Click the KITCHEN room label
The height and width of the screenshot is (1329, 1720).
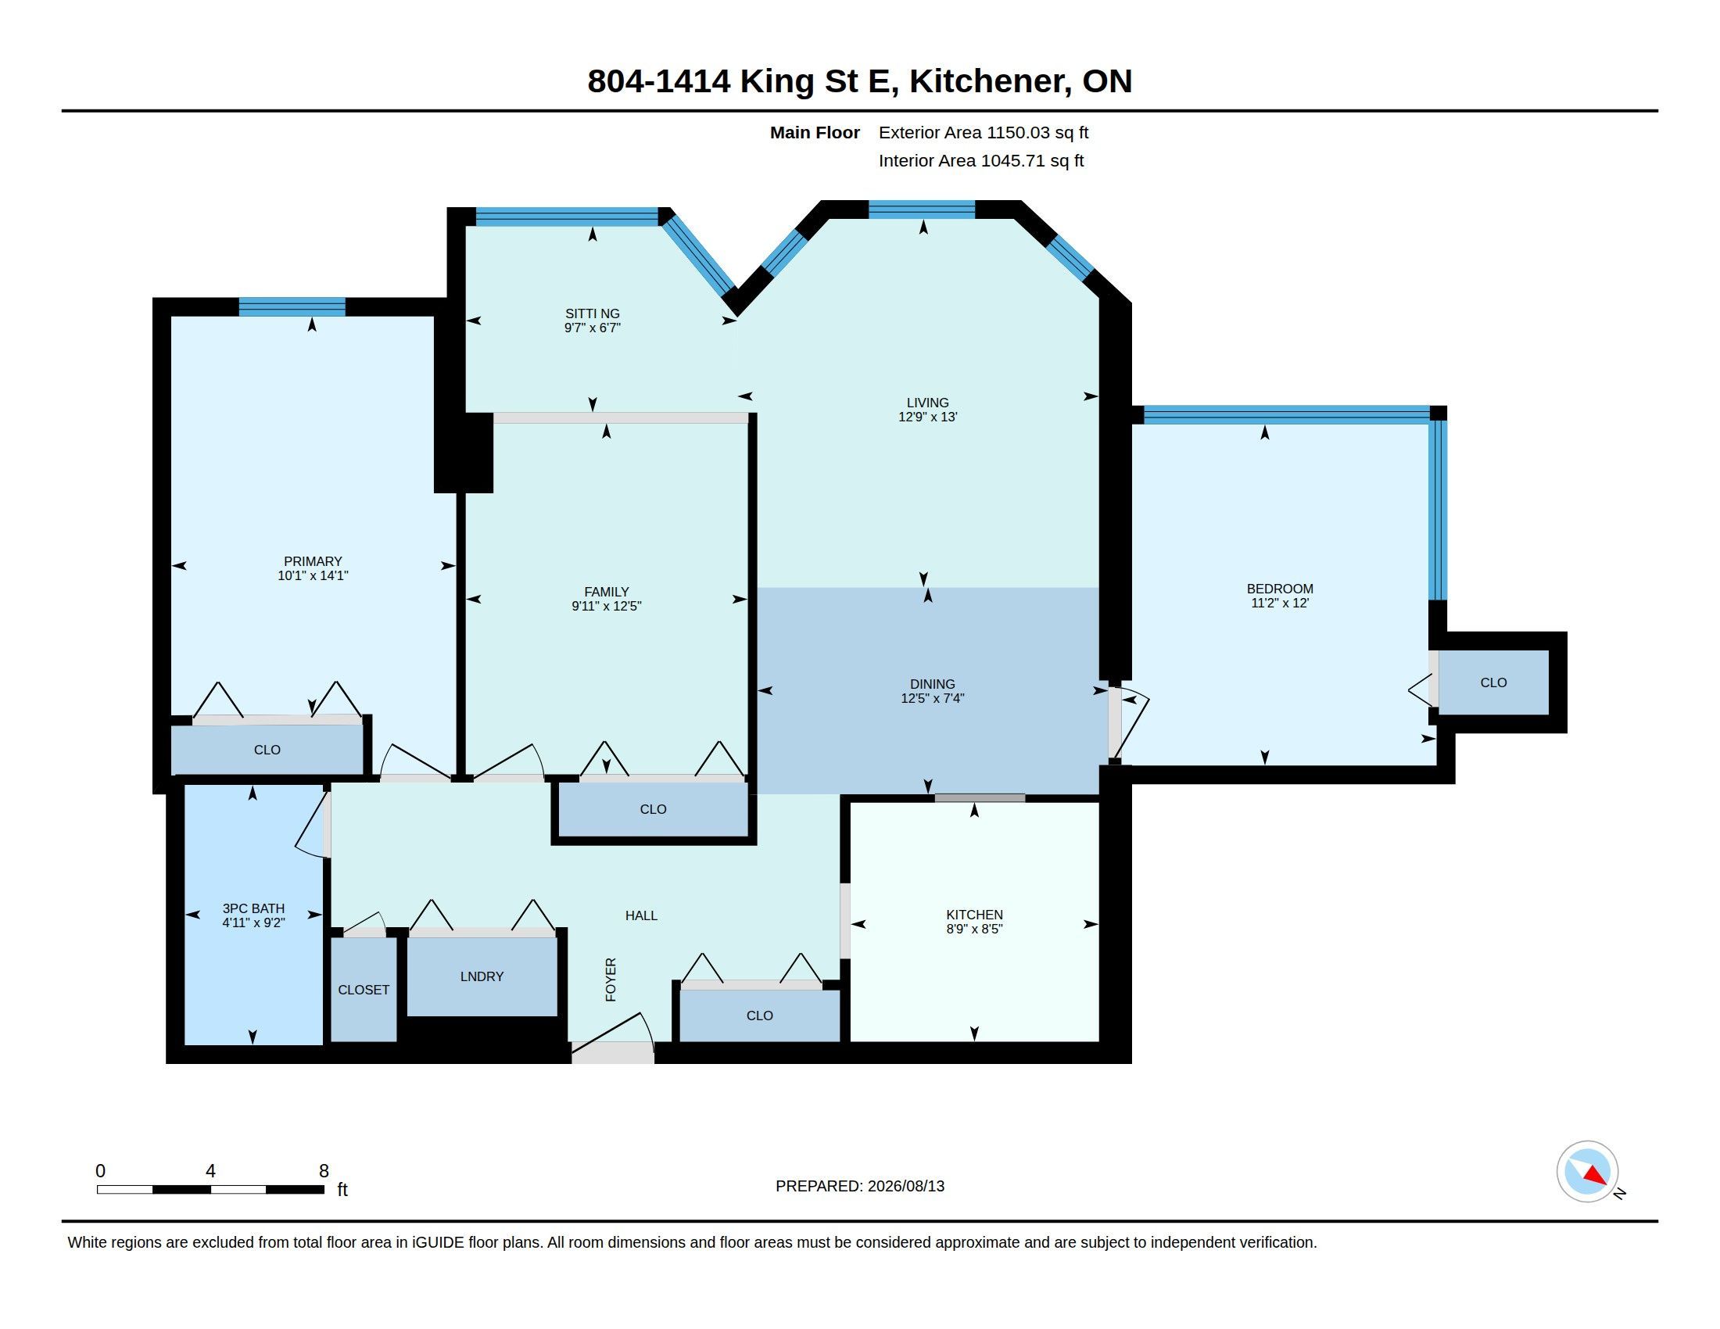click(x=974, y=915)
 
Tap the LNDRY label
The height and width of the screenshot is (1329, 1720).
click(x=482, y=976)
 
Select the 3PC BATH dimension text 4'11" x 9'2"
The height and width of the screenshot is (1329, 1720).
click(x=253, y=922)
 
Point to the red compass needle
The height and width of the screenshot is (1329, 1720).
click(x=1596, y=1176)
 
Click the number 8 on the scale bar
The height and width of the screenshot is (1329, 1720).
click(x=324, y=1171)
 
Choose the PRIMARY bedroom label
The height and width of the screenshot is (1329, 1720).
click(x=313, y=561)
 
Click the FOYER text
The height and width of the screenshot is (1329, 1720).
click(x=611, y=980)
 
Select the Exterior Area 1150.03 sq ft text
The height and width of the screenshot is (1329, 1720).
click(x=984, y=132)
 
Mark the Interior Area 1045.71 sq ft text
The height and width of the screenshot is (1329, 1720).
click(x=981, y=160)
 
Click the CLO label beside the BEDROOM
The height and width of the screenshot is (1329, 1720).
click(x=1493, y=682)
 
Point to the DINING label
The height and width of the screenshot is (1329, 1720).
click(x=933, y=684)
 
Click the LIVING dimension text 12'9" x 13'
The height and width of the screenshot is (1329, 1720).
click(x=928, y=417)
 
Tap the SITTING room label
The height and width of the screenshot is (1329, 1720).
click(x=593, y=313)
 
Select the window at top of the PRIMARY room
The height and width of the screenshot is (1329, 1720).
click(x=292, y=307)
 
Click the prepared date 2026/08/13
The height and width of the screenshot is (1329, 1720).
click(x=905, y=1186)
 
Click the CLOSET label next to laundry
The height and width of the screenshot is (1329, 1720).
click(x=364, y=990)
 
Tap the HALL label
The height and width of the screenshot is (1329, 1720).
click(x=641, y=915)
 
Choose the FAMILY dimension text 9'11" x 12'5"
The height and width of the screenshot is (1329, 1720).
click(x=607, y=606)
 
